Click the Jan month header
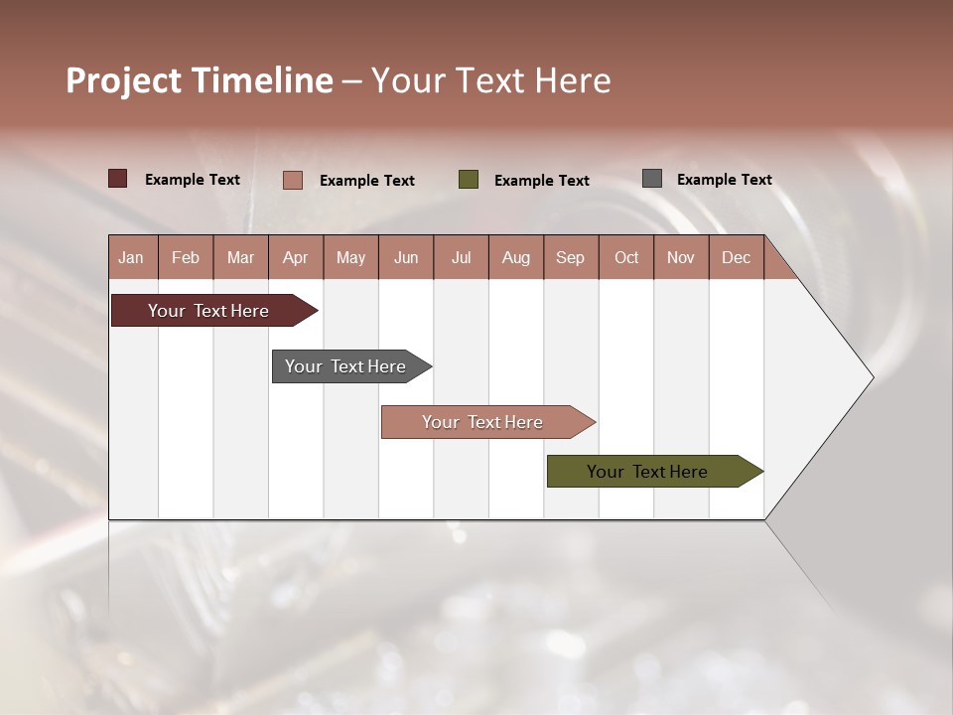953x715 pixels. tap(132, 257)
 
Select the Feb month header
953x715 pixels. tap(186, 257)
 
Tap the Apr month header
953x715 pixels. tap(295, 257)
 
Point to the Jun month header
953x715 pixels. tap(406, 257)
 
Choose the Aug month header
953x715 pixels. tap(515, 257)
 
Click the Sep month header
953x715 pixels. tap(570, 257)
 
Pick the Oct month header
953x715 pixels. tap(626, 257)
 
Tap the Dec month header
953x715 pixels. tap(736, 257)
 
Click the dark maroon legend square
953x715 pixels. tap(118, 179)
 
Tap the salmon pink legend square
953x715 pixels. tap(293, 180)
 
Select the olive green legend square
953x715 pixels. tap(469, 180)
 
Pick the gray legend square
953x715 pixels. tap(652, 179)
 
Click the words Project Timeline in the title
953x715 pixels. tap(200, 80)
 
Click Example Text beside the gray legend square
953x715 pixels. tap(724, 180)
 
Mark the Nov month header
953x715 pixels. tap(681, 257)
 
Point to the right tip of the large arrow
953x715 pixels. tap(871, 377)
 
